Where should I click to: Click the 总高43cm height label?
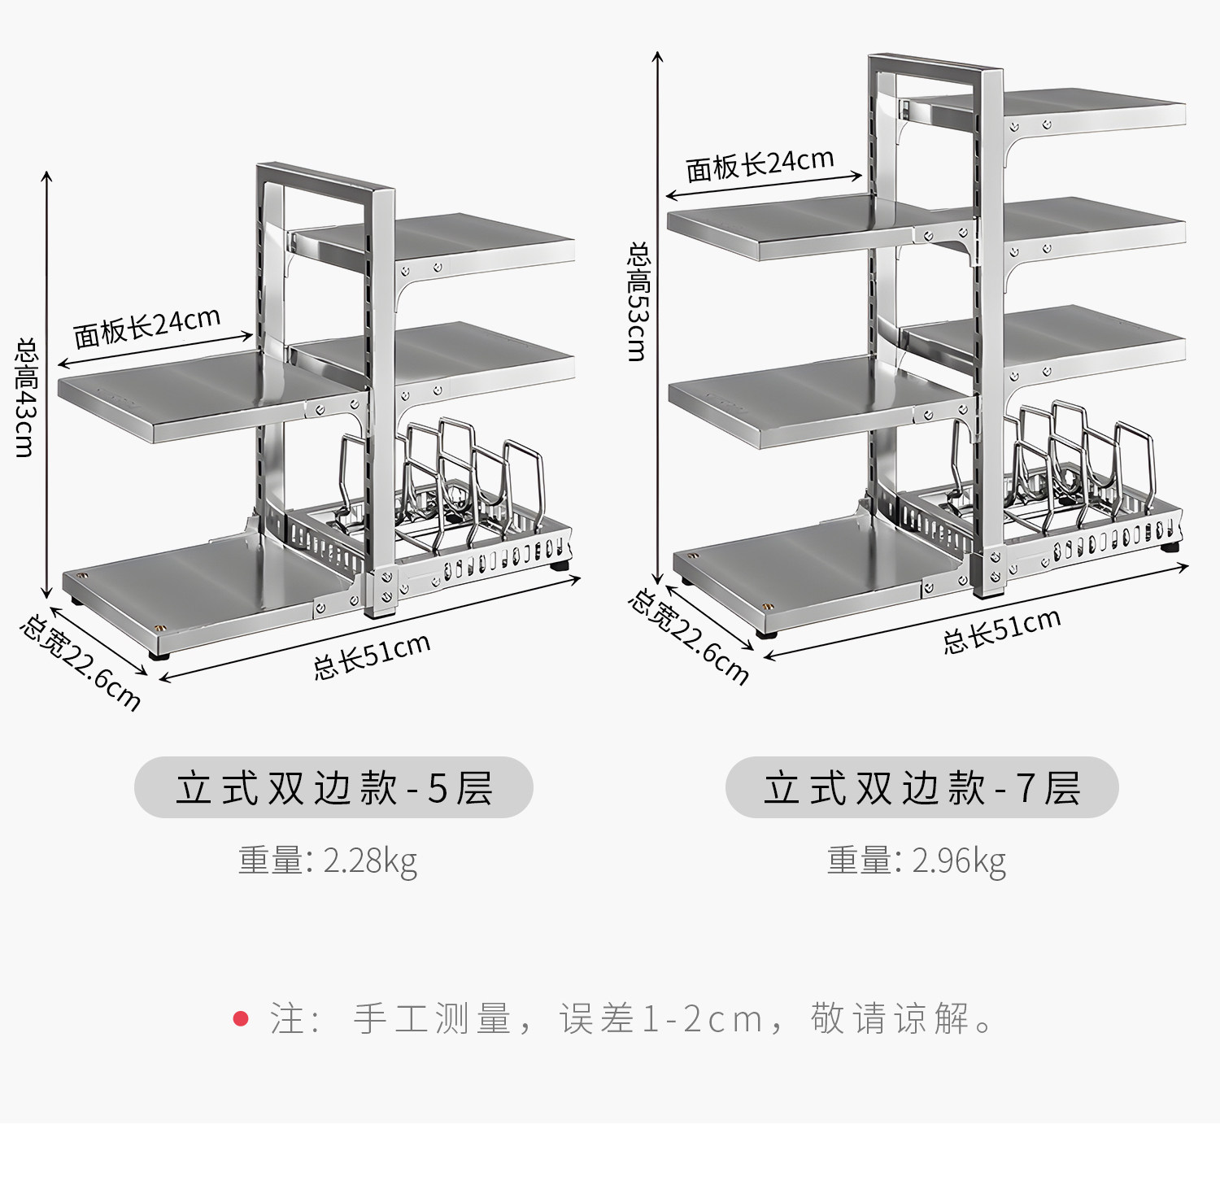26,398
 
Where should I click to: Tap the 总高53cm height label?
638,302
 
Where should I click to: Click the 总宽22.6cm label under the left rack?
81,663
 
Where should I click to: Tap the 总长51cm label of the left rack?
372,656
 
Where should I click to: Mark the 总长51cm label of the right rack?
1002,630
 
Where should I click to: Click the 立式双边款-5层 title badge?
333,787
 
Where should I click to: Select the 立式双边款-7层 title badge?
922,787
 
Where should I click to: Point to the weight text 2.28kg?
370,861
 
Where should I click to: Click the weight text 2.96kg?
959,861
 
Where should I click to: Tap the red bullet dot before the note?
241,1018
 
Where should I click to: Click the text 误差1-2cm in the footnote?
661,1018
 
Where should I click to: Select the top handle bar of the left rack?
325,180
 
